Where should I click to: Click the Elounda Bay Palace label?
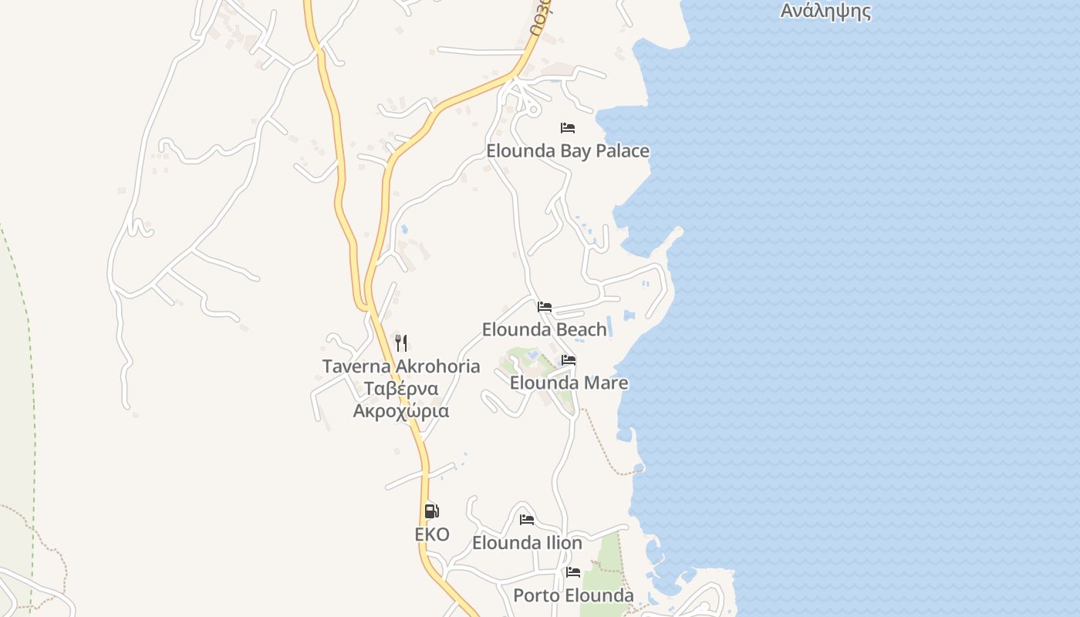tap(567, 151)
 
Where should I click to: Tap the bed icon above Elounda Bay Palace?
tap(568, 127)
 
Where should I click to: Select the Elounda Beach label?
tap(545, 329)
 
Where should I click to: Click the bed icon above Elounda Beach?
tap(545, 306)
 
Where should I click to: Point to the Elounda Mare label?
tap(569, 383)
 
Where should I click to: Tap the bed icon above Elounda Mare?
tap(569, 359)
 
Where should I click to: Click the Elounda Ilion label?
tap(527, 543)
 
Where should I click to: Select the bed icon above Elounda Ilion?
tap(527, 519)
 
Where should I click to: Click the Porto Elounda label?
tap(573, 595)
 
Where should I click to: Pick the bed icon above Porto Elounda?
tap(573, 571)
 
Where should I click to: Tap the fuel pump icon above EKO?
tap(432, 511)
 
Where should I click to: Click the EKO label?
tap(432, 534)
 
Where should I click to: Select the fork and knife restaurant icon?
tap(401, 342)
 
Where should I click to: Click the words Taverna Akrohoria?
tap(401, 366)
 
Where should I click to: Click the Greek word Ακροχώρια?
tap(401, 411)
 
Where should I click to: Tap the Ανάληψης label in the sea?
tap(825, 12)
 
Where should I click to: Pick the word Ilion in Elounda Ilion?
tap(565, 543)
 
